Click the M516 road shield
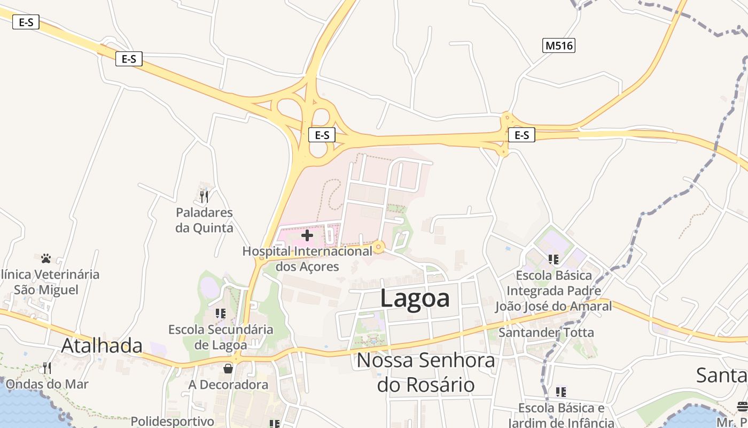[x=559, y=45]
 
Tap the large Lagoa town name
[x=415, y=298]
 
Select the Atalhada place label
[x=102, y=346]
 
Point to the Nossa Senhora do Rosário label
[x=426, y=372]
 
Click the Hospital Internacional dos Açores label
[x=307, y=258]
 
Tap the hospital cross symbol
[x=307, y=235]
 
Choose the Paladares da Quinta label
[x=205, y=220]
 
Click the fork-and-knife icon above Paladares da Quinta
[x=204, y=196]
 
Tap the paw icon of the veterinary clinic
[x=46, y=258]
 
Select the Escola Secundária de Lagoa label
[x=221, y=337]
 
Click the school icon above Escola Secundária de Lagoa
[x=220, y=314]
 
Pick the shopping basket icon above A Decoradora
[x=228, y=369]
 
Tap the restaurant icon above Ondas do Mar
[x=47, y=368]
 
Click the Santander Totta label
[x=546, y=332]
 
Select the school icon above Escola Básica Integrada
[x=554, y=259]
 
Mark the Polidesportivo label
[x=172, y=421]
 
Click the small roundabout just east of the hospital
[x=379, y=247]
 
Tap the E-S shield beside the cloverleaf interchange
[x=322, y=135]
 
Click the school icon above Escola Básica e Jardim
[x=560, y=392]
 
